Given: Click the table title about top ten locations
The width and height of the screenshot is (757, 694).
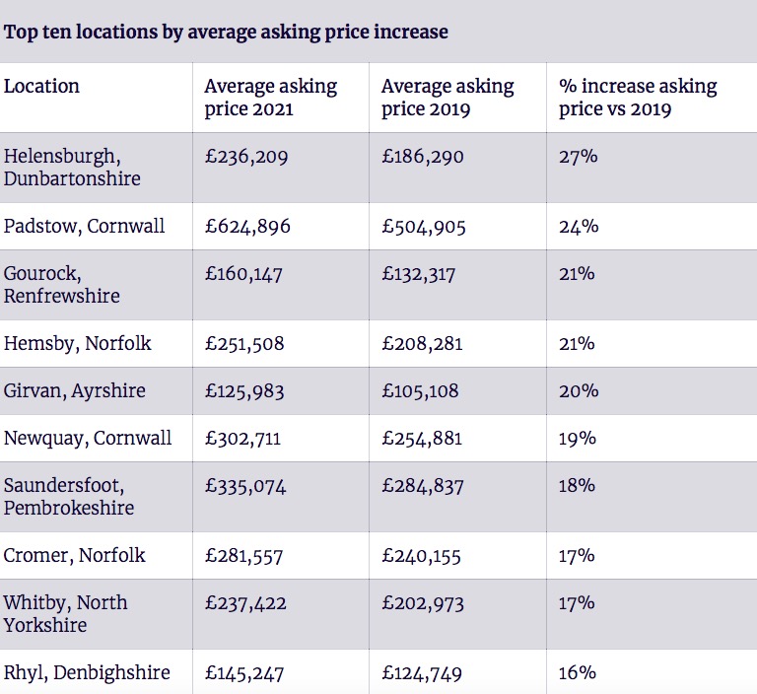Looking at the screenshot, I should click(226, 32).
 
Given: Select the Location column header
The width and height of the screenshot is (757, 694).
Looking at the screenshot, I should click(42, 87).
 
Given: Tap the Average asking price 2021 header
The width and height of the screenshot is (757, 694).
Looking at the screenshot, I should click(270, 98).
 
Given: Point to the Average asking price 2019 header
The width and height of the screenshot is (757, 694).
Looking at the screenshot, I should click(447, 98).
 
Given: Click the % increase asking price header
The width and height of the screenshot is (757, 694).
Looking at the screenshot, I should click(637, 98).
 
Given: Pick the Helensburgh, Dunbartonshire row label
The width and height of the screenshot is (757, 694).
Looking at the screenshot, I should click(72, 168).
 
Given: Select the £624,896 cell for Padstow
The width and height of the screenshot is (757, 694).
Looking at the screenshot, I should click(247, 227).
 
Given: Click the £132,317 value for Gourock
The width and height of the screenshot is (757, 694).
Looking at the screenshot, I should click(419, 274).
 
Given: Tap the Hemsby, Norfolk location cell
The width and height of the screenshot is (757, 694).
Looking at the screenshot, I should click(78, 344).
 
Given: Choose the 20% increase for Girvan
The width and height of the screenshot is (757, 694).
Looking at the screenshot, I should click(578, 391).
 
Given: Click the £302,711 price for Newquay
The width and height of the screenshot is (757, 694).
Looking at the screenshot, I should click(243, 439).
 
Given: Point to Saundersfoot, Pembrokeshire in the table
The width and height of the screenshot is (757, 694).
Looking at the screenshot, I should click(69, 497).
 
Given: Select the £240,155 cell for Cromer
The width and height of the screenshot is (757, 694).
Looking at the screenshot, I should click(421, 556).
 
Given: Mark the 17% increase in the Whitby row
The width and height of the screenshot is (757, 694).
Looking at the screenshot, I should click(577, 603).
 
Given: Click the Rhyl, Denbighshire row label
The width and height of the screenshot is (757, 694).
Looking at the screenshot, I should click(87, 673).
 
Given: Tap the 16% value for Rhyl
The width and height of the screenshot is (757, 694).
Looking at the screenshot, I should click(578, 673).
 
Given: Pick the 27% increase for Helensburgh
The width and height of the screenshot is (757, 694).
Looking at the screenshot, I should click(578, 157).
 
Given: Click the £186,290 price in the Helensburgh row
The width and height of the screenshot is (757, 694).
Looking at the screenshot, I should click(422, 157).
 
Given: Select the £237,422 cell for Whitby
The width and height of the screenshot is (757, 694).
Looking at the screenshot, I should click(244, 603).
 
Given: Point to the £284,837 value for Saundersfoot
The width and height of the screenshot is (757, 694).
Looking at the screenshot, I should click(423, 486).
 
